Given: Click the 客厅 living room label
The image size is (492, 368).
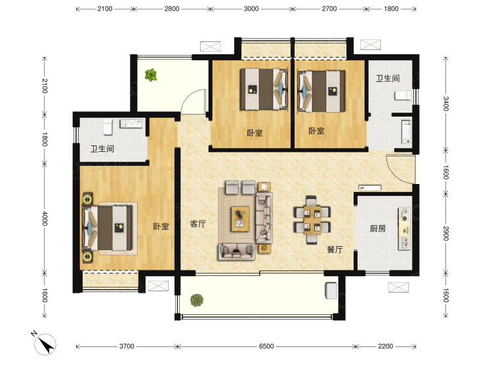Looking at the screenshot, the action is (198, 224).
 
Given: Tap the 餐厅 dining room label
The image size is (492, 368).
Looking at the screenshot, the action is (335, 249).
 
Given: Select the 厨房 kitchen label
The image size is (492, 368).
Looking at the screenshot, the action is (378, 229).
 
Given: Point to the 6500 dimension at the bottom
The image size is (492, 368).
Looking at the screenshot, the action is (266, 346).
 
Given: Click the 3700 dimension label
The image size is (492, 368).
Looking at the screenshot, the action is (127, 346).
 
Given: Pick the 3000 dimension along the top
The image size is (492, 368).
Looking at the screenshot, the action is (251, 9).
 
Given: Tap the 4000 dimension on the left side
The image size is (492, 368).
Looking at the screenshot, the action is (45, 218).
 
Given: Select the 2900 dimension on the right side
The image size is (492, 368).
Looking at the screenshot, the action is (446, 233).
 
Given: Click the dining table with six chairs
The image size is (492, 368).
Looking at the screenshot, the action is (312, 220).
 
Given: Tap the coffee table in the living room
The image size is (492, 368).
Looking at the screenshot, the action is (240, 219).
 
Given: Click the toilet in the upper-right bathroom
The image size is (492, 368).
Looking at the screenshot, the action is (403, 95).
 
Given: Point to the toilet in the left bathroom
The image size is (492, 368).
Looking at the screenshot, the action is (108, 126).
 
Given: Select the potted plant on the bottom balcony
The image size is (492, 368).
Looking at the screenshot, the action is (197, 300).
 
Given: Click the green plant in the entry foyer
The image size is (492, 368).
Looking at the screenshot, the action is (151, 75).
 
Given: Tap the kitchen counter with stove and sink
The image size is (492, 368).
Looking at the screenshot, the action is (405, 229).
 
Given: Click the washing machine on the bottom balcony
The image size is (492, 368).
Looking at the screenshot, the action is (331, 290).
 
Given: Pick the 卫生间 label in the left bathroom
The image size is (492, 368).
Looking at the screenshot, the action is (102, 149).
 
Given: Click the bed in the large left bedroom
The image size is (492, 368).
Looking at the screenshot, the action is (107, 228).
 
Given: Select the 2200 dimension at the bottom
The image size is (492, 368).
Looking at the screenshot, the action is (385, 346).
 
